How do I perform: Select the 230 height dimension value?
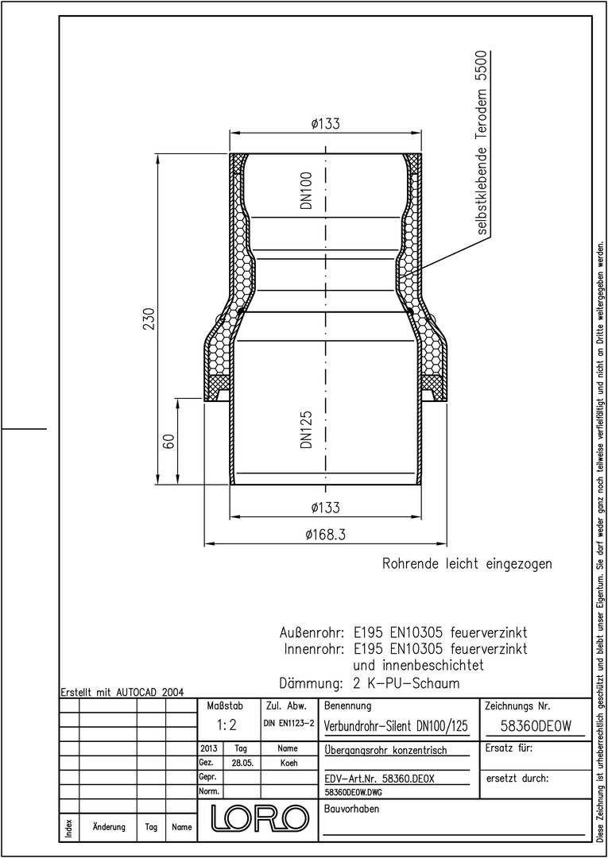click(149, 319)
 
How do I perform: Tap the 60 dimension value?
click(169, 441)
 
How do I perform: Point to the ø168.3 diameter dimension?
click(326, 534)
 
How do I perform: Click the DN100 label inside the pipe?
click(306, 191)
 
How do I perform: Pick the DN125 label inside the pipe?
click(306, 430)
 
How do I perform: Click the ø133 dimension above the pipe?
click(325, 124)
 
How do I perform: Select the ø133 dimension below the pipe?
click(325, 507)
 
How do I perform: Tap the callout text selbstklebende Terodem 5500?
click(482, 143)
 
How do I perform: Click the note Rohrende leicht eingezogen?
click(467, 563)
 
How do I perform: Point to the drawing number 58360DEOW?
click(536, 726)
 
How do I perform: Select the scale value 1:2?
click(226, 725)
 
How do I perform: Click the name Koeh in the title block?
click(289, 763)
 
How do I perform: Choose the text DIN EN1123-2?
click(289, 724)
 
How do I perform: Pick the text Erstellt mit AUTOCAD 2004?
click(122, 691)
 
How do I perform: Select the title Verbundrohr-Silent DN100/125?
click(397, 726)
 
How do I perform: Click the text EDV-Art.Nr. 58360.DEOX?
click(379, 779)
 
